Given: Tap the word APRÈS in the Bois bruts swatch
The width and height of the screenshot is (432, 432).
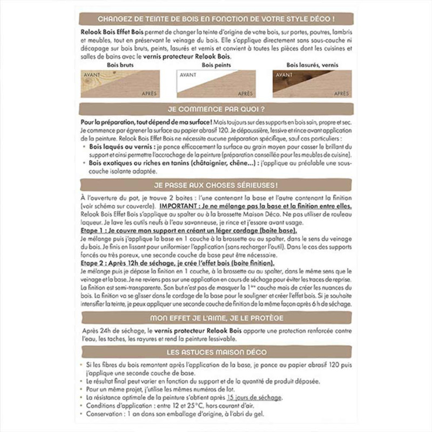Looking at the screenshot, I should [149, 93].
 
